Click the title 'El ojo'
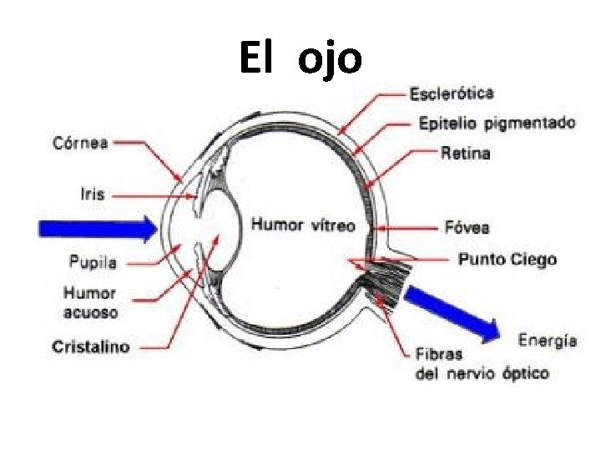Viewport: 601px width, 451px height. (x=300, y=57)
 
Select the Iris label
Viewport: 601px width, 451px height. (x=93, y=194)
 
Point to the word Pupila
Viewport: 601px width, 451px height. (x=92, y=262)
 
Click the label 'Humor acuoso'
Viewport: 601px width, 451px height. (x=90, y=303)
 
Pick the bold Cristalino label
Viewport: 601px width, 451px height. (x=91, y=345)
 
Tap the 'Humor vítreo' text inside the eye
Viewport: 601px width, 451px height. (x=303, y=225)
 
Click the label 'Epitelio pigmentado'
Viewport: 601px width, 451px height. (x=496, y=124)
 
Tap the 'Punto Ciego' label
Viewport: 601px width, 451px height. (x=507, y=260)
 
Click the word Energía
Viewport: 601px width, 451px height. (x=548, y=340)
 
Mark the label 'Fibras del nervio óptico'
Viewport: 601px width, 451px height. (x=481, y=364)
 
